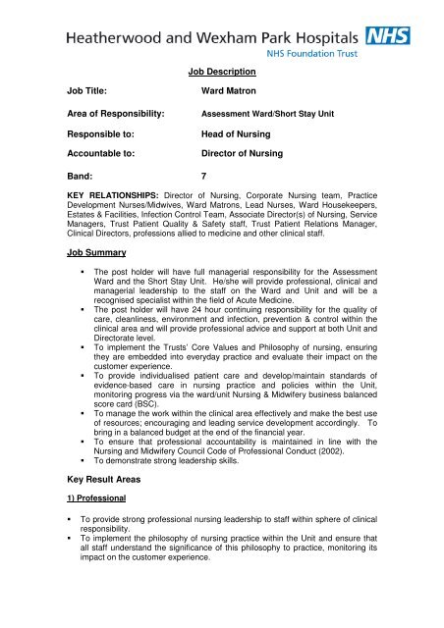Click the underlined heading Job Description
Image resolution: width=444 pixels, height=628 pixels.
click(x=222, y=72)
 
